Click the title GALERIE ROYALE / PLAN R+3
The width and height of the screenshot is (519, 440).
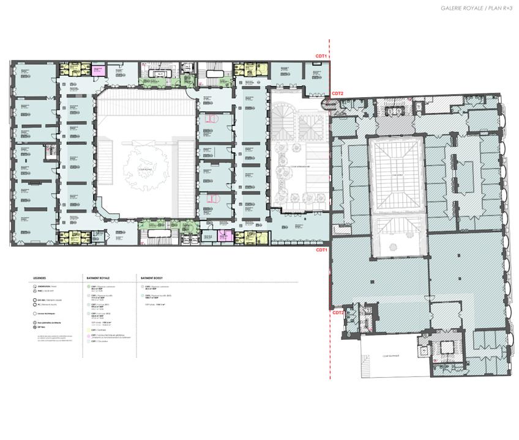pyautogui.click(x=473, y=8)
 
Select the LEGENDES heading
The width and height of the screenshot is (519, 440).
pyautogui.click(x=40, y=276)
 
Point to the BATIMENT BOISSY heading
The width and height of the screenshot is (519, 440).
pyautogui.click(x=152, y=276)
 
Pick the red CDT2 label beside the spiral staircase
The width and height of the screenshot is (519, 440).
pyautogui.click(x=338, y=94)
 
